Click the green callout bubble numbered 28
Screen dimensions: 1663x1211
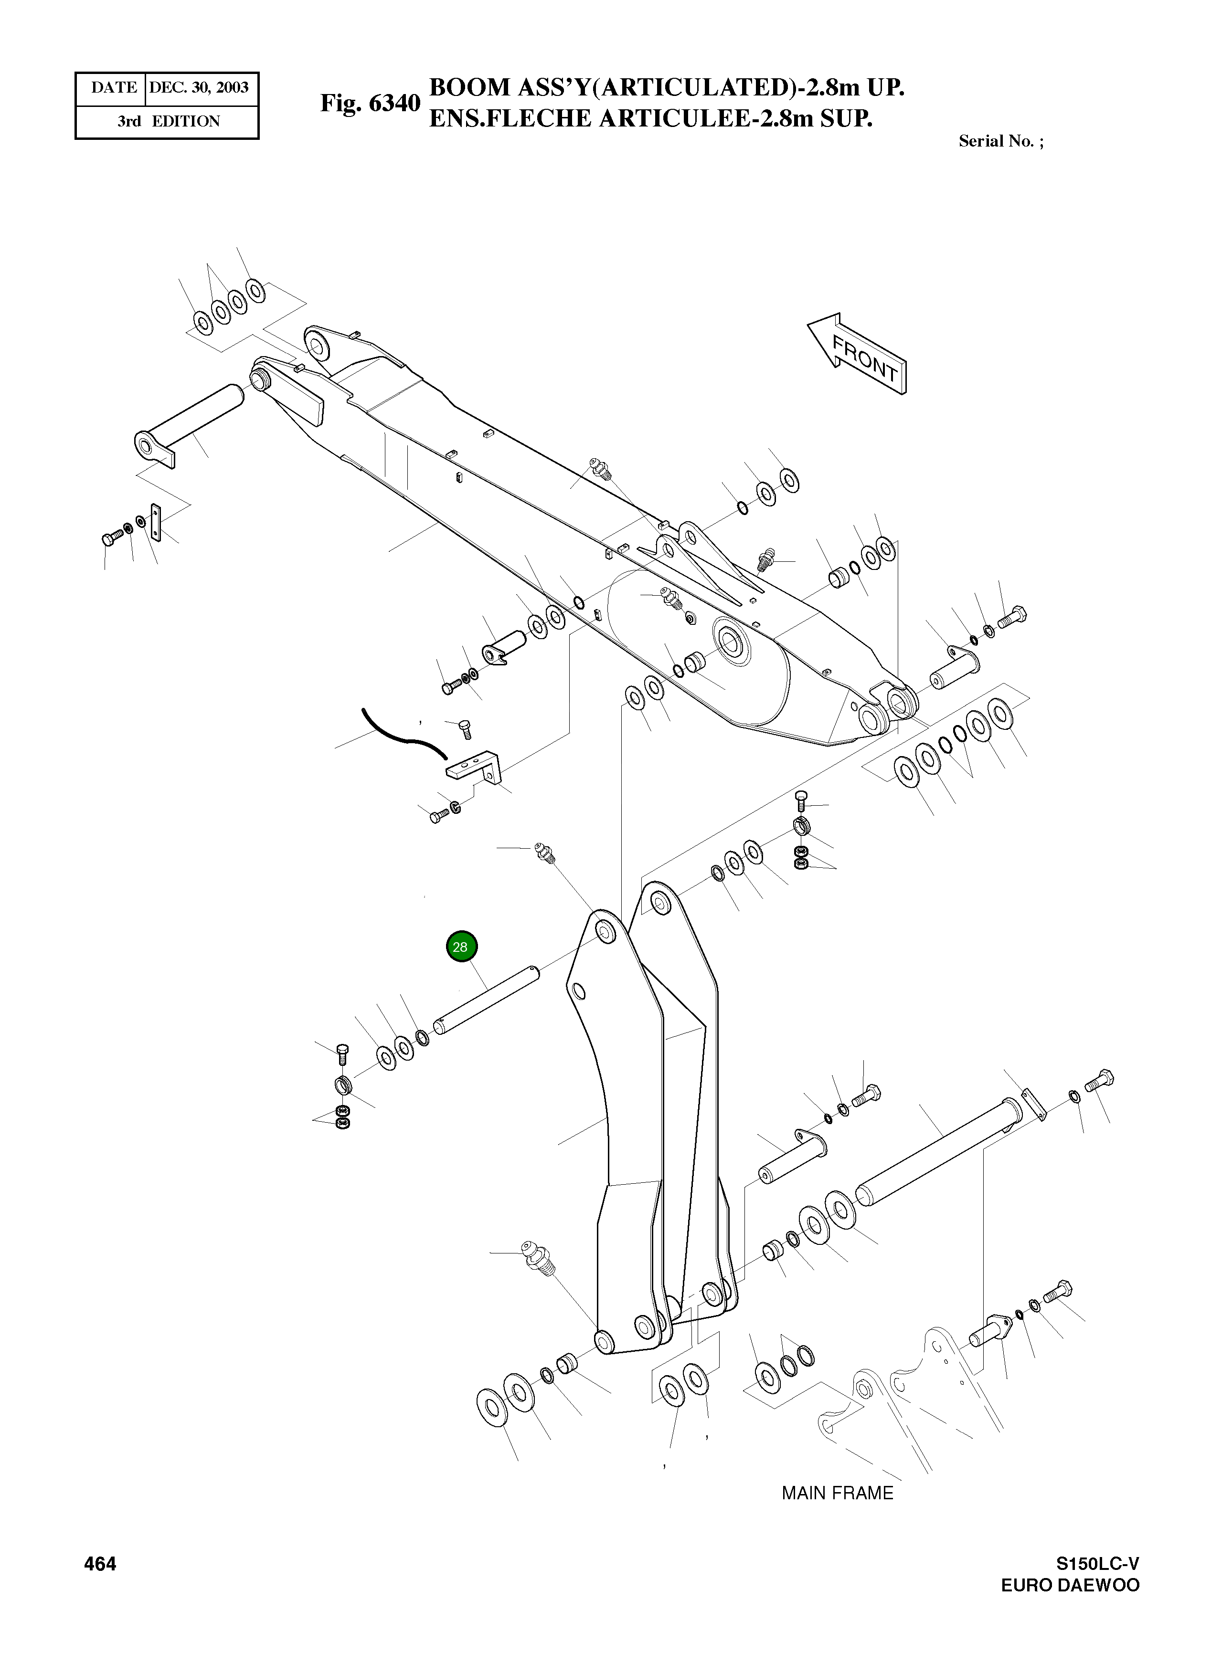tap(461, 947)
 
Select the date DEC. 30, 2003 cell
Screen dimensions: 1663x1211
tap(200, 88)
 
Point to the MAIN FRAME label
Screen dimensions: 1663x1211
tap(837, 1493)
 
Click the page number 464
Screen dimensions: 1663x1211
tap(100, 1585)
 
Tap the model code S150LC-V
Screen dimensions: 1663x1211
tap(1097, 1585)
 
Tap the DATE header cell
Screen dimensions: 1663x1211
tap(113, 88)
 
